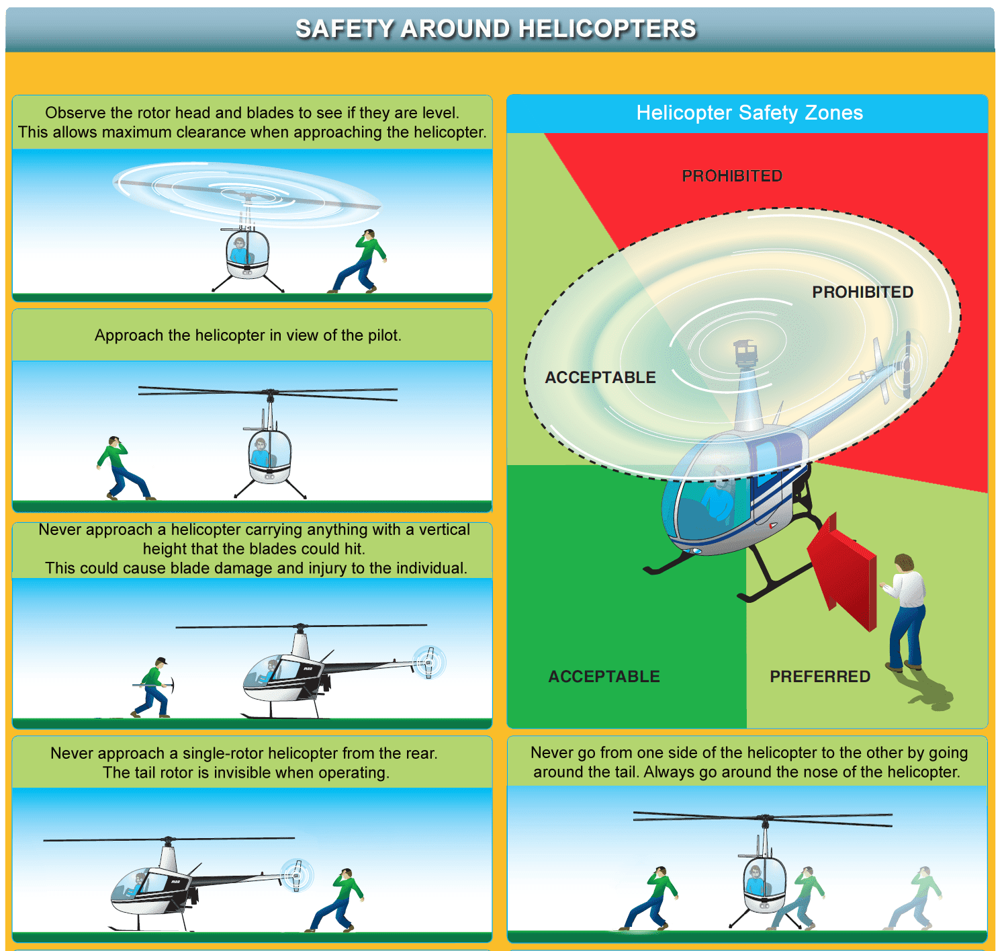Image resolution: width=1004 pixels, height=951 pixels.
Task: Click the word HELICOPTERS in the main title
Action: coord(607,29)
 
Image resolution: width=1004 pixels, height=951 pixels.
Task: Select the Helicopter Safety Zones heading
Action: coord(749,113)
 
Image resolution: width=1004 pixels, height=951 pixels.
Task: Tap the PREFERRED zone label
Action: coord(819,676)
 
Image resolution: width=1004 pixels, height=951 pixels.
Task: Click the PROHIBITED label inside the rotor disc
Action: coord(862,292)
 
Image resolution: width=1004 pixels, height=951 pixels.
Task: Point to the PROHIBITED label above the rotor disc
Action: coord(732,176)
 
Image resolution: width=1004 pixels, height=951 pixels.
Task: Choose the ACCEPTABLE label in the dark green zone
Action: coord(604,676)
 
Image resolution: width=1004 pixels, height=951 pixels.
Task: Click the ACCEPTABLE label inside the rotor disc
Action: coord(600,378)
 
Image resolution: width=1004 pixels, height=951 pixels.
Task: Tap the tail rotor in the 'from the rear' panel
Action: coord(295,875)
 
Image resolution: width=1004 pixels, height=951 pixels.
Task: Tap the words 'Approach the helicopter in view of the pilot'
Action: coord(248,335)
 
